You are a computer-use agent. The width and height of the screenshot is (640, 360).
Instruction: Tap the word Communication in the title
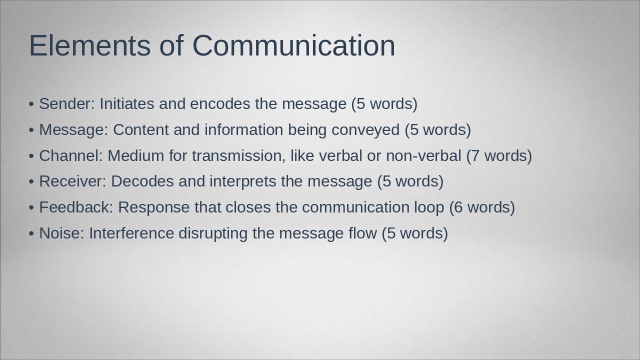click(x=293, y=45)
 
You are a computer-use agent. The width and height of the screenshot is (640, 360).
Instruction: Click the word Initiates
click(x=127, y=104)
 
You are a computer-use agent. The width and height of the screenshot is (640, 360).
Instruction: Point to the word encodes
click(x=220, y=104)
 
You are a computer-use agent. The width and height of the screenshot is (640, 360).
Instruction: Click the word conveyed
click(x=365, y=130)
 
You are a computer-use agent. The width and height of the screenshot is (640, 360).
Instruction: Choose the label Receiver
click(x=72, y=181)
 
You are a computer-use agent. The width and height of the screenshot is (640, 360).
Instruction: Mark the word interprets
click(x=242, y=181)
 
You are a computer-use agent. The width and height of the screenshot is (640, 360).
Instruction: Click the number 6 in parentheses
click(x=458, y=207)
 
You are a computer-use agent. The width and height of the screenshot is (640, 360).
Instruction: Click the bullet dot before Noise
click(x=31, y=234)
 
